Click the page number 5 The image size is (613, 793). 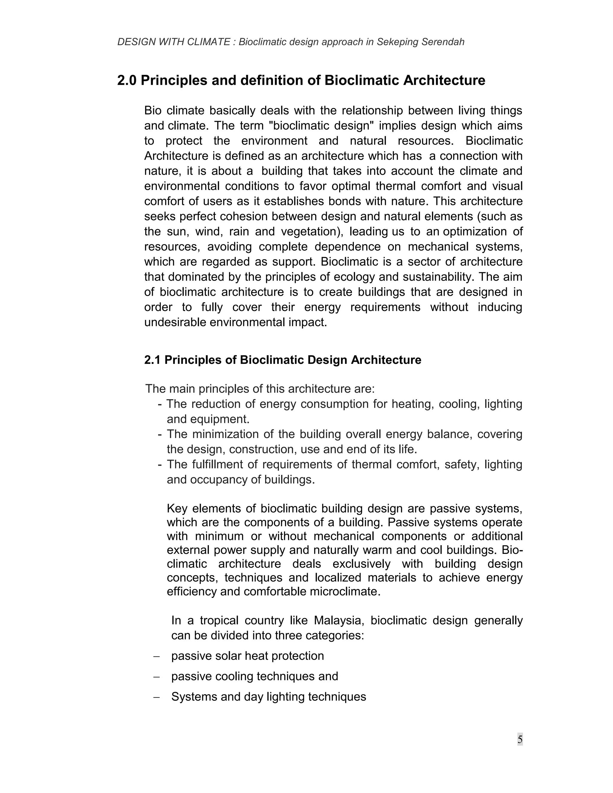(x=520, y=739)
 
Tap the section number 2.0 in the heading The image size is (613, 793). (x=127, y=80)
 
